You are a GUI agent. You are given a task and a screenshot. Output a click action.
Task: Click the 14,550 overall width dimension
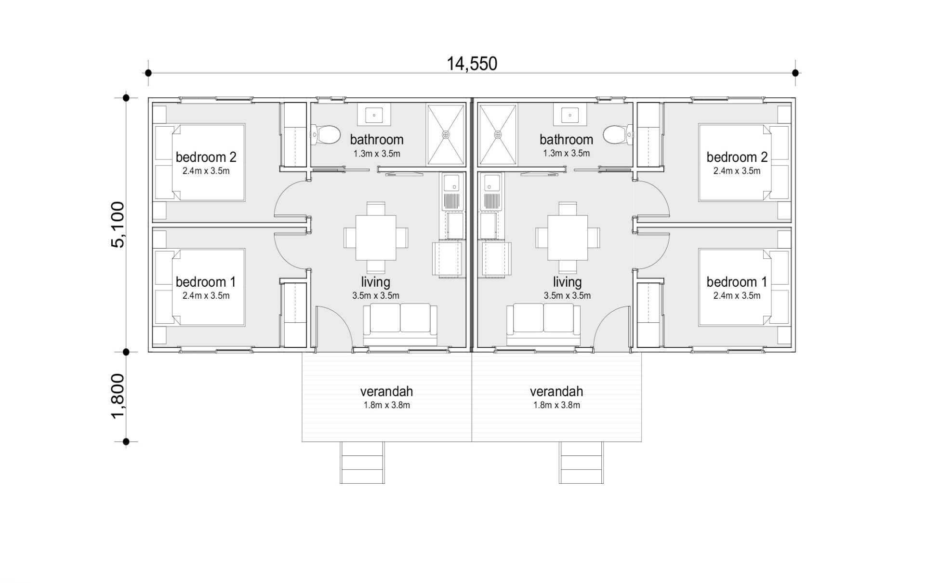(x=472, y=64)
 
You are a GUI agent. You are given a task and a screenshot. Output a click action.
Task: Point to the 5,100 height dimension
(x=118, y=225)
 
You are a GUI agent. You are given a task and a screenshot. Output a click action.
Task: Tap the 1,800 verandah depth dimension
(x=118, y=396)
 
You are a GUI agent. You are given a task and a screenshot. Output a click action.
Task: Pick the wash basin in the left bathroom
(x=374, y=115)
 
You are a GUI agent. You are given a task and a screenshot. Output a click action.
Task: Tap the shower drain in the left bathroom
(x=446, y=134)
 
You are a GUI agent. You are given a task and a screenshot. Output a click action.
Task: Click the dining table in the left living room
(x=376, y=238)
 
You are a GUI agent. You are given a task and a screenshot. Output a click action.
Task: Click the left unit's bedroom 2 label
(x=206, y=157)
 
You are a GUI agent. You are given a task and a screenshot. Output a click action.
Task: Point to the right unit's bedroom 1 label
(x=737, y=282)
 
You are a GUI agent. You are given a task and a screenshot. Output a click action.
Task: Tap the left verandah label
(x=386, y=391)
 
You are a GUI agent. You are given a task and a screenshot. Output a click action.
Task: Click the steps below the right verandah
(x=581, y=463)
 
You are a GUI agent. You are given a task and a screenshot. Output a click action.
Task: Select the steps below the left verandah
(x=362, y=463)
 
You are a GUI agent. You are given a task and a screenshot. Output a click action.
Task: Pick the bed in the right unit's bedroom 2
(x=745, y=162)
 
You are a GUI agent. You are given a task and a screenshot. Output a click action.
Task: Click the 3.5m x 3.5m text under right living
(x=567, y=296)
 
